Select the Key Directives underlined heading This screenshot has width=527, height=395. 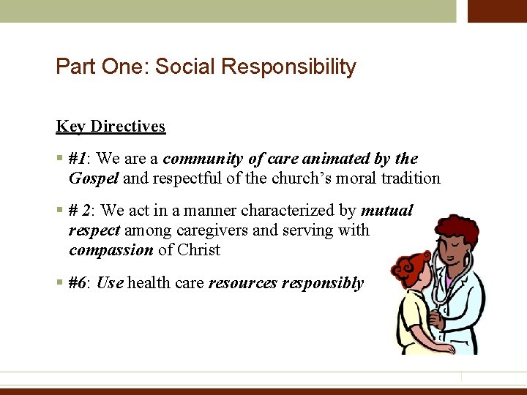pos(111,127)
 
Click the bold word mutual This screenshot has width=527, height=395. pos(386,211)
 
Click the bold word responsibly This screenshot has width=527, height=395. pos(323,283)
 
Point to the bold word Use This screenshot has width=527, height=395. pos(110,283)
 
